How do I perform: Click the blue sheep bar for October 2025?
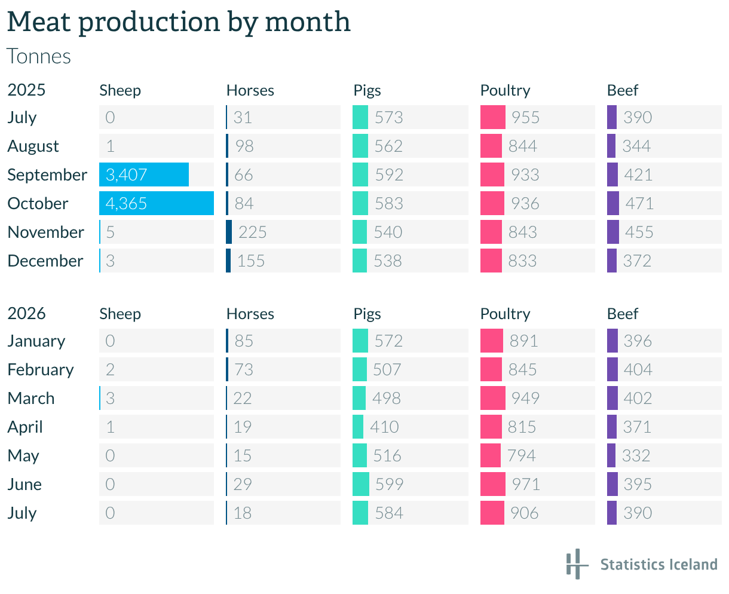[157, 203]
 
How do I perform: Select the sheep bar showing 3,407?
[144, 174]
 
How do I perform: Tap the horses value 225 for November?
[252, 232]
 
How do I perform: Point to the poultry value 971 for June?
[526, 484]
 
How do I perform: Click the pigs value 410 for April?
[384, 427]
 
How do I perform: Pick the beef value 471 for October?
[639, 203]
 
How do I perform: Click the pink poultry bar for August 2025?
[491, 146]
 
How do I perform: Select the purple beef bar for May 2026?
[611, 455]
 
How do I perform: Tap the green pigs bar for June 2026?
[361, 484]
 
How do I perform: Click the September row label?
[47, 175]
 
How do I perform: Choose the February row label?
[41, 369]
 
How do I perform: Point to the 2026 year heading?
[26, 313]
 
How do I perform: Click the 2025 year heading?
[26, 90]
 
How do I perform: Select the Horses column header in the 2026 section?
[250, 314]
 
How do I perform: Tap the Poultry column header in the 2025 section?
[505, 90]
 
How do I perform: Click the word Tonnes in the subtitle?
[39, 56]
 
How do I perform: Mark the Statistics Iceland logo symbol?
[577, 564]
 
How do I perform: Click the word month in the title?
[308, 22]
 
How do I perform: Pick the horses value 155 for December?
[251, 261]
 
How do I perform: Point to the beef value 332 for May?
[636, 455]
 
